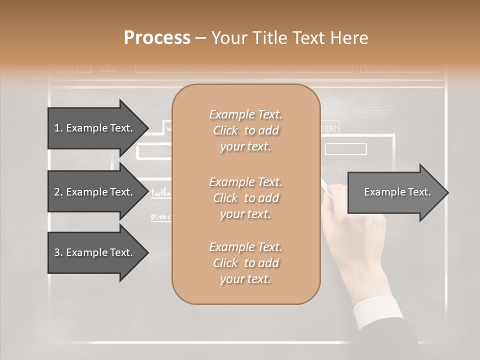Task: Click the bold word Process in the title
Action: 157,38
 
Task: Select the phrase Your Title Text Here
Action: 289,38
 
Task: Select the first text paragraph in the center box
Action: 245,130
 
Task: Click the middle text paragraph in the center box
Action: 245,198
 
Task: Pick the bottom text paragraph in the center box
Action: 245,263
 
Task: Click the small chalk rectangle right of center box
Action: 345,149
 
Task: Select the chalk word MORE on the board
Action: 329,128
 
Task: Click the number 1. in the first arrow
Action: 58,128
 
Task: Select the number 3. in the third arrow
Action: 58,252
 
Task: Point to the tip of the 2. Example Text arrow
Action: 147,192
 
